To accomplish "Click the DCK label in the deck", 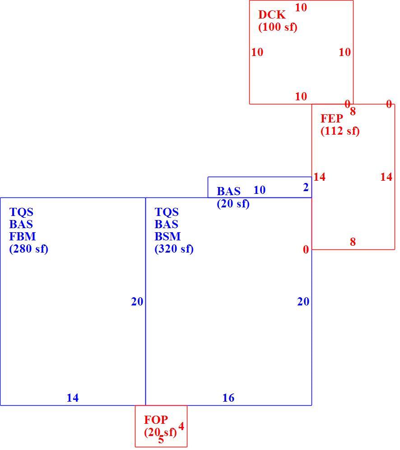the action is coord(272,14).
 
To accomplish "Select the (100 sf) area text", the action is coord(278,27).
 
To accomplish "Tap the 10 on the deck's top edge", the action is coord(301,8).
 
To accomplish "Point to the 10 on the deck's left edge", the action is coord(257,52).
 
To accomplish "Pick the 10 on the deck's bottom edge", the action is coord(301,96).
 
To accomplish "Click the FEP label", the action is coord(331,118).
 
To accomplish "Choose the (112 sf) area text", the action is coord(340,131).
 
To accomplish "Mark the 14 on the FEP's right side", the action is coord(386,177).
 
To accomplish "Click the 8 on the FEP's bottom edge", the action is coord(353,242).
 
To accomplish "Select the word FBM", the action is coord(23,236).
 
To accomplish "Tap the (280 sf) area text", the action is coord(29,248).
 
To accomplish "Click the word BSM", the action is coord(167,236).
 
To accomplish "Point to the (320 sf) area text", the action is coord(174,248).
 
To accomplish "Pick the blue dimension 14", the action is coord(73,398).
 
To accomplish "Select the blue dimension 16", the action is coord(228,398).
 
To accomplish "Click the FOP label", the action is coord(156,420).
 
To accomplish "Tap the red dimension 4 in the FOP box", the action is coord(181,427).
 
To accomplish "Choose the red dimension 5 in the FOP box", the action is coord(161,439).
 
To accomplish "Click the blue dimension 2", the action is coord(306,187).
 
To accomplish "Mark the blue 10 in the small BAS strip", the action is coord(260,190).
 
